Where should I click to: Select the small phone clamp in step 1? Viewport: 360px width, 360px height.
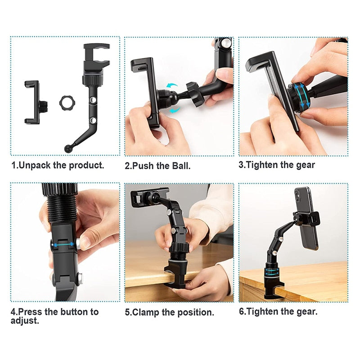point(32,102)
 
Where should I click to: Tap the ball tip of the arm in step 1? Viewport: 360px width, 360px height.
point(68,148)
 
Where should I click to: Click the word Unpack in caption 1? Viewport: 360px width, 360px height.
point(35,165)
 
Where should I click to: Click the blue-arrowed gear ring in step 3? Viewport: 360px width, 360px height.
point(297,97)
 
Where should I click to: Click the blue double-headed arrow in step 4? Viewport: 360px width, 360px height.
point(63,244)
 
